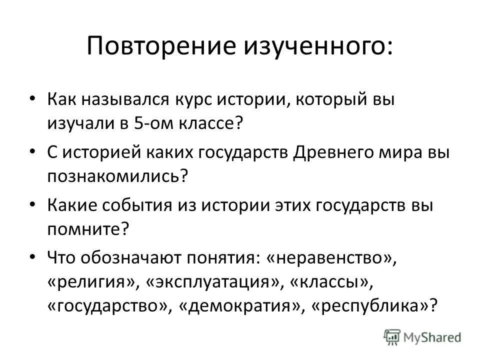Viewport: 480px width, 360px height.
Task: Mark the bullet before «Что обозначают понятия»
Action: [32, 256]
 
